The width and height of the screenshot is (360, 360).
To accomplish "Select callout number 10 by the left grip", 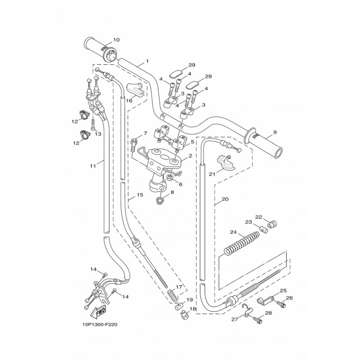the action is [x=117, y=40].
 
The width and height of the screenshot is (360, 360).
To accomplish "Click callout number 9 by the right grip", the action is [x=275, y=132].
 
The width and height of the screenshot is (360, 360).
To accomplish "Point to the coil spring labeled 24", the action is [x=241, y=243].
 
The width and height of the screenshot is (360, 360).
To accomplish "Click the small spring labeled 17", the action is [x=173, y=296].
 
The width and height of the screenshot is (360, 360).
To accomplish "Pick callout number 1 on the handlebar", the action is [x=147, y=61].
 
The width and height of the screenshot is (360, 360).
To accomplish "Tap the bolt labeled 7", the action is [x=134, y=145].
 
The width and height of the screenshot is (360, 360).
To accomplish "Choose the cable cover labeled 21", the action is [x=225, y=163].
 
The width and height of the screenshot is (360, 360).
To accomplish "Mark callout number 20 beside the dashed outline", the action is [x=225, y=199].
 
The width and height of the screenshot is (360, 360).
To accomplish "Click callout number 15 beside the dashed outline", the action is [x=140, y=195].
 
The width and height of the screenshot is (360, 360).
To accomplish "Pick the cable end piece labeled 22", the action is [x=273, y=224].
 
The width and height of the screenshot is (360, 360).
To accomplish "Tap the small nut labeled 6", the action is [x=170, y=177].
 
